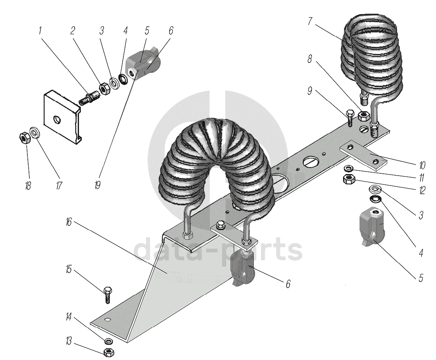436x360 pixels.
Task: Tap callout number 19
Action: [97, 185]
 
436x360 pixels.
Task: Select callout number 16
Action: [69, 222]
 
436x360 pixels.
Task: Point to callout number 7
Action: [310, 21]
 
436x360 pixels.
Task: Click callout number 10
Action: [422, 165]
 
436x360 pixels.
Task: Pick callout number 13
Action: [68, 341]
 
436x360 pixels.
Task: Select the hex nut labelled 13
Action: [109, 353]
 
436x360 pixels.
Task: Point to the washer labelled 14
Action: [109, 341]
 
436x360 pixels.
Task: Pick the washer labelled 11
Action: [348, 168]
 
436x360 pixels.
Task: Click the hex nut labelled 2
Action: [105, 89]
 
